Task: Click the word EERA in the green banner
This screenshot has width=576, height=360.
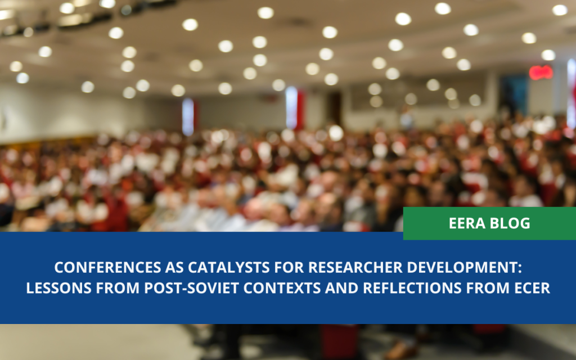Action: pos(468,223)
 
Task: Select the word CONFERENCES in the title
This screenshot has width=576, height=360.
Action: pos(99,266)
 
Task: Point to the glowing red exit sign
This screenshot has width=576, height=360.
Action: pos(541,72)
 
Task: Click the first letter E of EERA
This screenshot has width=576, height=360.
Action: pos(453,223)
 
